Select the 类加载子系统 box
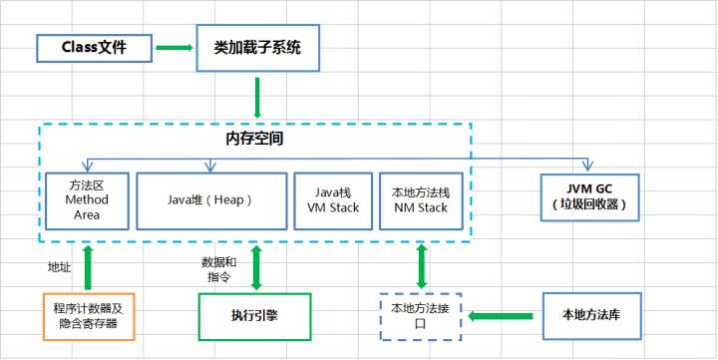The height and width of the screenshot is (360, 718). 257,47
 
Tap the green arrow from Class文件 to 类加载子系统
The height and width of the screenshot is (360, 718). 175,47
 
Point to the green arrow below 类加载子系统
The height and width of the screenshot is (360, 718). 256,97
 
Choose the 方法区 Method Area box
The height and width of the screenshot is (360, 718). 87,199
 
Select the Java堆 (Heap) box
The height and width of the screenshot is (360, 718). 209,199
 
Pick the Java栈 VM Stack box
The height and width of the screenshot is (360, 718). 332,199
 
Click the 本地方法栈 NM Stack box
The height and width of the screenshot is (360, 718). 420,199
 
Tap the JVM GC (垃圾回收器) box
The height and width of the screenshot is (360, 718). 587,197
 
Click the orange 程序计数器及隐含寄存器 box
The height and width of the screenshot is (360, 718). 87,316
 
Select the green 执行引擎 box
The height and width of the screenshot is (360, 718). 255,316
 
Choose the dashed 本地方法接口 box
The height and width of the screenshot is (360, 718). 420,316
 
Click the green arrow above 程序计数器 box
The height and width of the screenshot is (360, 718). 87,266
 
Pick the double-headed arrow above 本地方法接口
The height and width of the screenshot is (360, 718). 421,266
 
